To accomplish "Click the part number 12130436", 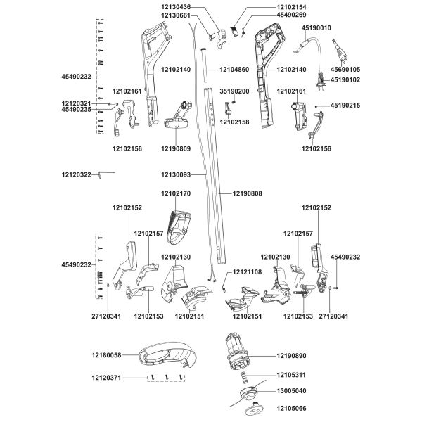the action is click(176, 7).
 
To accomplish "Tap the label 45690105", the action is click(345, 70).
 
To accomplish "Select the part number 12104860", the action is click(234, 70).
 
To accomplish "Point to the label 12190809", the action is click(176, 148).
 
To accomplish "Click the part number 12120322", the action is click(77, 174).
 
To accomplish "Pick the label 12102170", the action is click(176, 193).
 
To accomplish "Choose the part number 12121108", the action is click(247, 272).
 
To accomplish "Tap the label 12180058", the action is click(107, 355).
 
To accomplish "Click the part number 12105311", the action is click(291, 375).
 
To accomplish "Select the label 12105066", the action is click(291, 408).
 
